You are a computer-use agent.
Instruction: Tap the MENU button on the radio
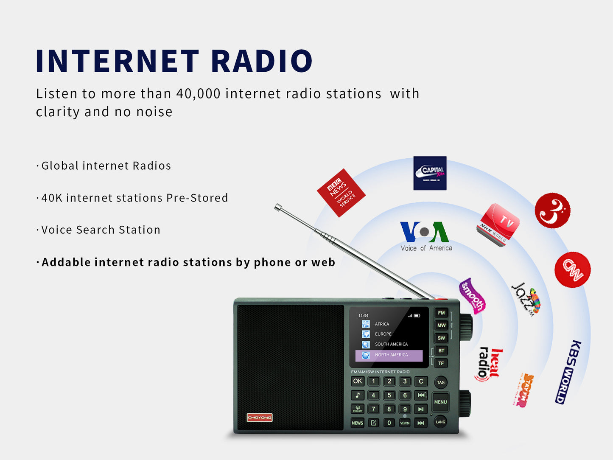(440, 402)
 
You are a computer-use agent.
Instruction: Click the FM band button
(441, 313)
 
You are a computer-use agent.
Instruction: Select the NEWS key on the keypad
(357, 423)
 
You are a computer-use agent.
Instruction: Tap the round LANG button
(440, 422)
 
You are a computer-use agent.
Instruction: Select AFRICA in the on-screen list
(381, 324)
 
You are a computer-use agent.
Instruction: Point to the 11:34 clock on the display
(363, 316)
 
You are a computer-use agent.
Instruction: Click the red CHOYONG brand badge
(260, 418)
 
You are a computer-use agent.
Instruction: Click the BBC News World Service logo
(341, 193)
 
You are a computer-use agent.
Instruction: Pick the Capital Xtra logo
(430, 173)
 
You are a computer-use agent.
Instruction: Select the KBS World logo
(568, 372)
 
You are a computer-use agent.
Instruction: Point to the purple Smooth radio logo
(472, 296)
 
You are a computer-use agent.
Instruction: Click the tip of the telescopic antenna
(278, 207)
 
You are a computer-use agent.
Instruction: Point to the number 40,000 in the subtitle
(199, 94)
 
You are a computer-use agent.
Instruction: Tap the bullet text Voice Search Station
(101, 230)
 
